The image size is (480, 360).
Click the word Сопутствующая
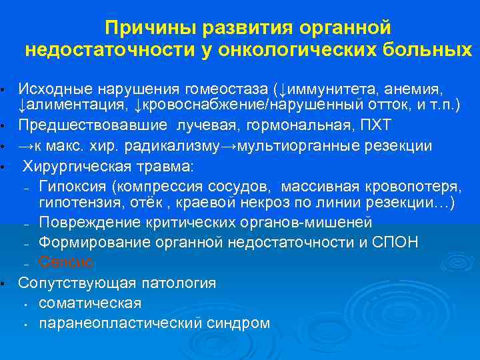coord(73,283)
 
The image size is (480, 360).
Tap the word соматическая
coord(90,303)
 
